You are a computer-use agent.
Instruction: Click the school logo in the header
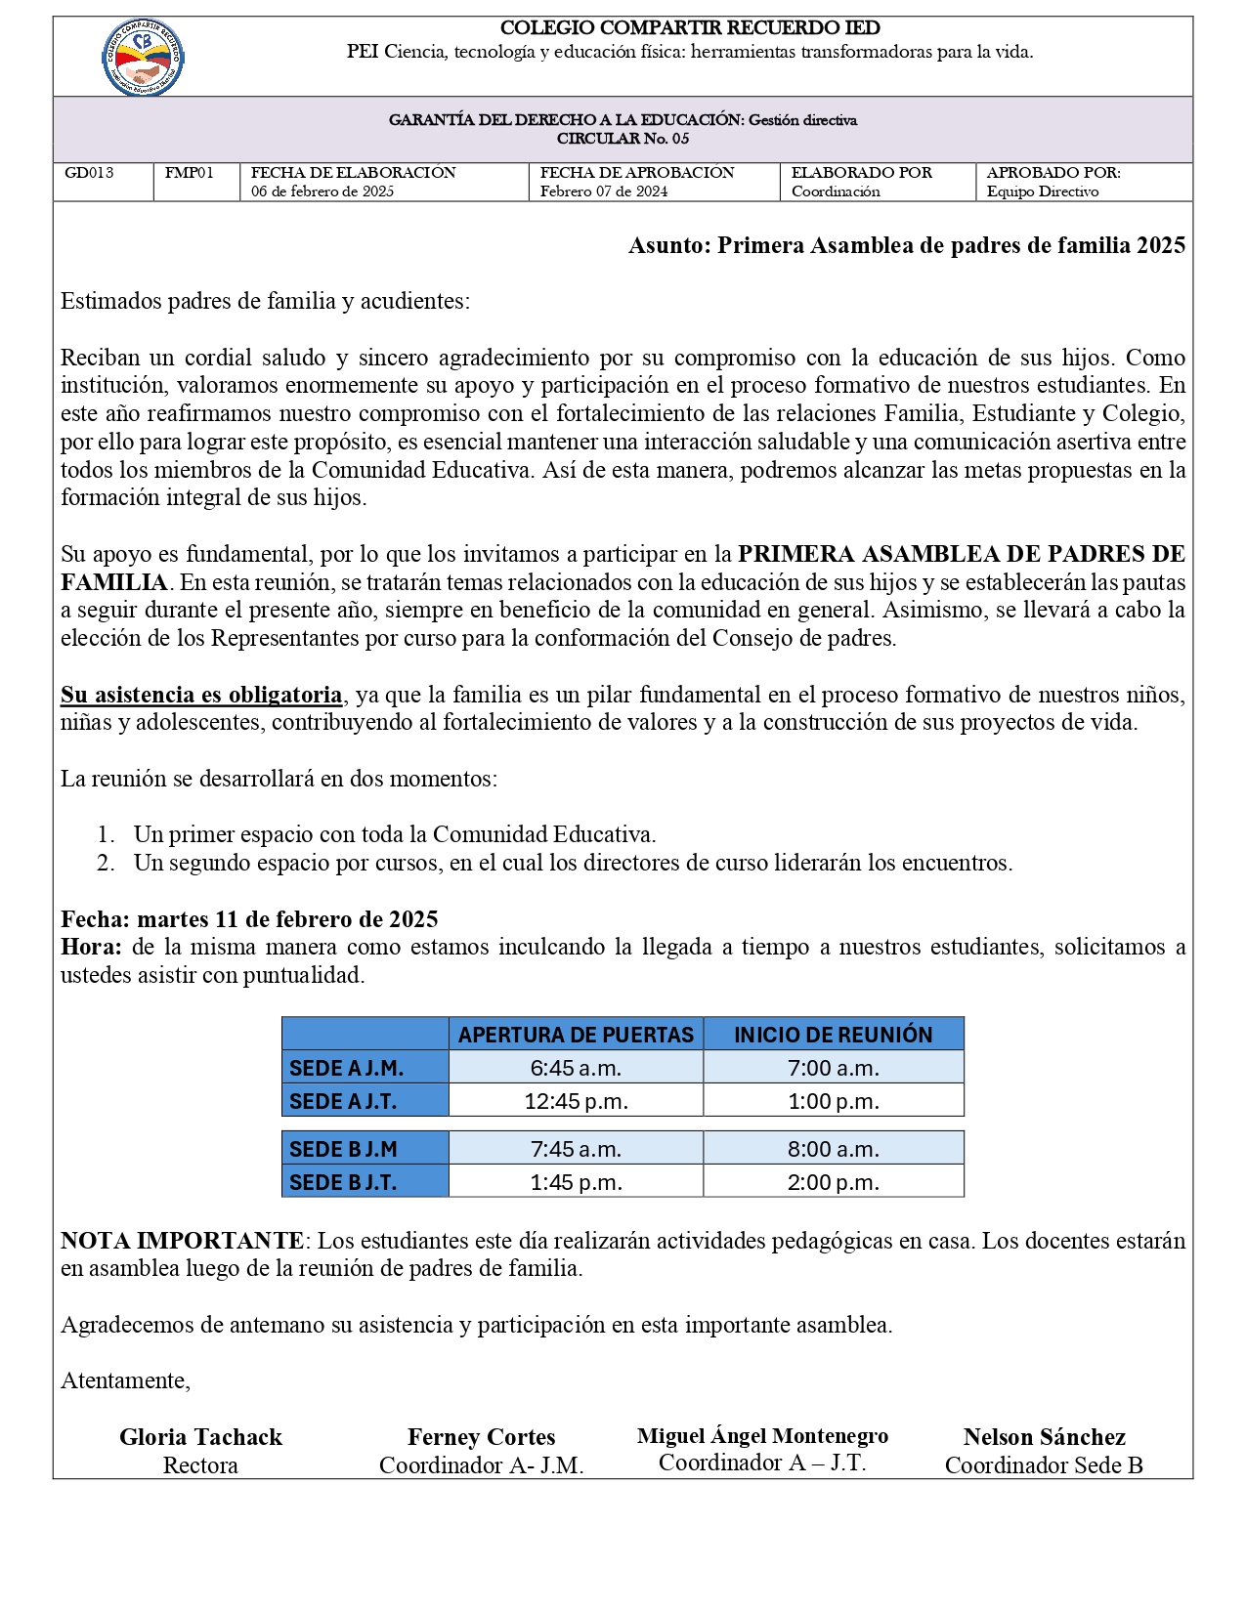(x=144, y=57)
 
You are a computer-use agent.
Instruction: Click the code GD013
(x=89, y=173)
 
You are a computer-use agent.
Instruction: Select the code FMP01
(x=189, y=173)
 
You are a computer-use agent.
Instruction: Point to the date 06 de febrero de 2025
(x=322, y=191)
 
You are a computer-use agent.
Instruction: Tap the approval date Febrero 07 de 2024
(x=603, y=191)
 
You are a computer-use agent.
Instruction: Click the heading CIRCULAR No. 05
(x=623, y=139)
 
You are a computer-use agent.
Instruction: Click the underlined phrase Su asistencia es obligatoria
(x=201, y=695)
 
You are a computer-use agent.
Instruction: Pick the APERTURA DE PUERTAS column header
(x=576, y=1035)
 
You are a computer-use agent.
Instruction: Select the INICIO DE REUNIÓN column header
(x=833, y=1035)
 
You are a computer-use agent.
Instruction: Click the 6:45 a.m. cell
(x=576, y=1068)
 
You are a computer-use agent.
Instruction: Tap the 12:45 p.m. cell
(x=576, y=1101)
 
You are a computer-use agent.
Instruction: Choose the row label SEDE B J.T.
(x=343, y=1182)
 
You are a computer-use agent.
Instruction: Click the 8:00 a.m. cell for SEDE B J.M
(x=833, y=1149)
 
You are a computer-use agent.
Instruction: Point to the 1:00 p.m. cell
(x=833, y=1101)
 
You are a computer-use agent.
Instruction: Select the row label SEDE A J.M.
(x=346, y=1068)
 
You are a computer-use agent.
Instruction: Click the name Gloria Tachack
(x=200, y=1437)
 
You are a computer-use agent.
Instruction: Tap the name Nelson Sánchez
(x=1044, y=1437)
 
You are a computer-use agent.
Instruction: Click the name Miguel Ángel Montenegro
(x=762, y=1435)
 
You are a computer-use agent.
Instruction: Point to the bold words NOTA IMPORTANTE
(x=182, y=1241)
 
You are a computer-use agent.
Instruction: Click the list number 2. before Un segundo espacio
(x=106, y=863)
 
